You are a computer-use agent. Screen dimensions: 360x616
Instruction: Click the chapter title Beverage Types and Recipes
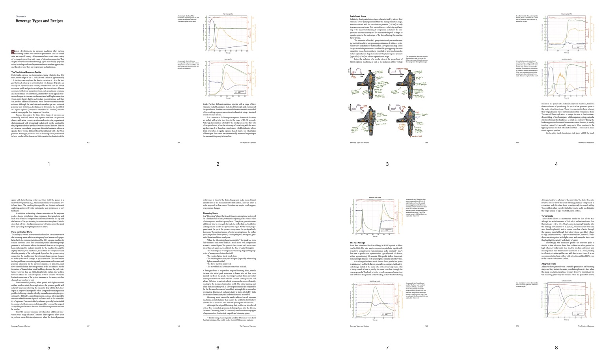pyautogui.click(x=39, y=21)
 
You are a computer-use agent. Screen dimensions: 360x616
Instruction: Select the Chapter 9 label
pyautogui.click(x=20, y=17)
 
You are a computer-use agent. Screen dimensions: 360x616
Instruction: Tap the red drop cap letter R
pyautogui.click(x=13, y=52)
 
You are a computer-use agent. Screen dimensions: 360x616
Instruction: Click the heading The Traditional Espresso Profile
pyautogui.click(x=26, y=72)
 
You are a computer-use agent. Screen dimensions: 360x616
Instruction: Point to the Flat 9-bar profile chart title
pyautogui.click(x=228, y=14)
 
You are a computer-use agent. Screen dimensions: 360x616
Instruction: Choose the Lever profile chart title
pyautogui.click(x=228, y=59)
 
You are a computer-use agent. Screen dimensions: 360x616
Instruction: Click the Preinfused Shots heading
pyautogui.click(x=358, y=17)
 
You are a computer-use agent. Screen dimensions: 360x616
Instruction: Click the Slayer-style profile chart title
pyautogui.click(x=566, y=14)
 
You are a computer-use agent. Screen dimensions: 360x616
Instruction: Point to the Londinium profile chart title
pyautogui.click(x=566, y=59)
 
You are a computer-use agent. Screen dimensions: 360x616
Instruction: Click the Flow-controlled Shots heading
pyautogui.click(x=22, y=232)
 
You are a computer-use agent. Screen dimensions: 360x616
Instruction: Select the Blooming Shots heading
pyautogui.click(x=210, y=213)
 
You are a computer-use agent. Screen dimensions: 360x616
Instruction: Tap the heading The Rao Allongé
pyautogui.click(x=357, y=243)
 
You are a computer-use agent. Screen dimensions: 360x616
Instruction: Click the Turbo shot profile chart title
pyautogui.click(x=566, y=281)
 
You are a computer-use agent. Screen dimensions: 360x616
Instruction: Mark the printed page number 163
pyautogui.click(x=88, y=143)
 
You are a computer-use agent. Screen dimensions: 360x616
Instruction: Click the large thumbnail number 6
pyautogui.click(x=218, y=348)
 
